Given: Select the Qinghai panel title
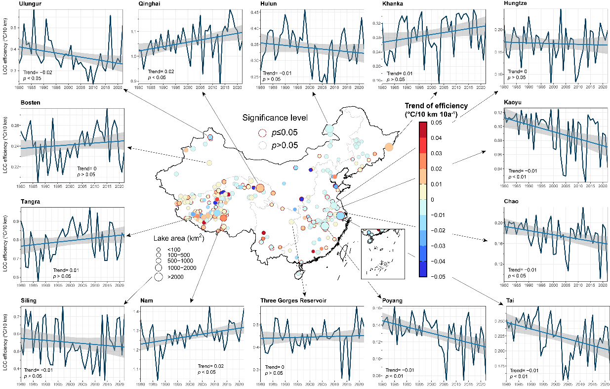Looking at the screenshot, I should [151, 4].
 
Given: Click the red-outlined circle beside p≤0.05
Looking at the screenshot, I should [263, 132].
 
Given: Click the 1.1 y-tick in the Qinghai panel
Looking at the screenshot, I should [132, 31].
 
